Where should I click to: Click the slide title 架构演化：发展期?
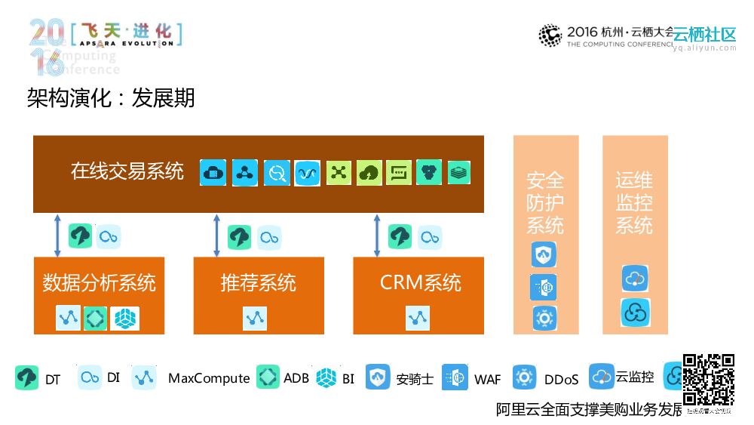pyautogui.click(x=111, y=98)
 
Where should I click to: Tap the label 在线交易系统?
pyautogui.click(x=127, y=171)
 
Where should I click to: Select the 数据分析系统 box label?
pyautogui.click(x=99, y=283)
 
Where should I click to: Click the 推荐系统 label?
pyautogui.click(x=259, y=283)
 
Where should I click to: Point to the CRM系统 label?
pyautogui.click(x=420, y=283)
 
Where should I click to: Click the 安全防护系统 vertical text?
pyautogui.click(x=545, y=203)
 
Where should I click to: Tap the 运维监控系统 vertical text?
pyautogui.click(x=634, y=203)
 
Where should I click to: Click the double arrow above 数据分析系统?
pyautogui.click(x=57, y=235)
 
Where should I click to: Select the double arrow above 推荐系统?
pyautogui.click(x=217, y=235)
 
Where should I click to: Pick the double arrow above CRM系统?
pyautogui.click(x=377, y=235)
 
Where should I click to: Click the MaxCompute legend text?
pyautogui.click(x=209, y=378)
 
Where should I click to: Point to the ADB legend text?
pyautogui.click(x=296, y=378)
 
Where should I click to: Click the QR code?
pyautogui.click(x=709, y=380)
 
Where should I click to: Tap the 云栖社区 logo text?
pyautogui.click(x=704, y=35)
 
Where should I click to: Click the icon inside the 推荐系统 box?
pyautogui.click(x=255, y=319)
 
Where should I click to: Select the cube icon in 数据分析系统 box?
pyautogui.click(x=125, y=319)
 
